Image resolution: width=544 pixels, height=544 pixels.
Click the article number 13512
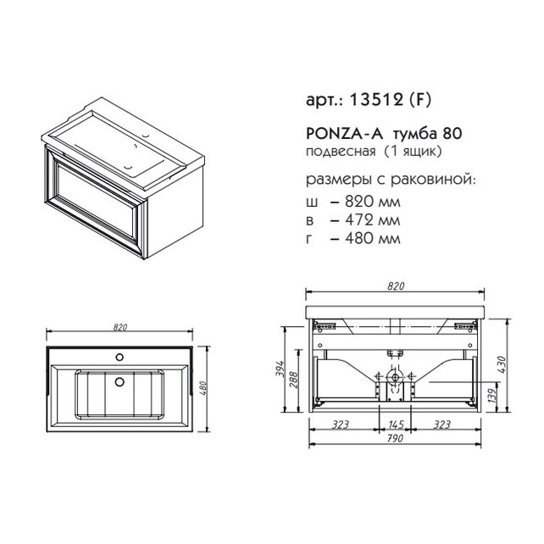pyautogui.click(x=376, y=100)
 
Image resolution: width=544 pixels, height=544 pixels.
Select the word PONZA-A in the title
pyautogui.click(x=344, y=133)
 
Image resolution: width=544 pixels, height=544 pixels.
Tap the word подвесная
pyautogui.click(x=341, y=152)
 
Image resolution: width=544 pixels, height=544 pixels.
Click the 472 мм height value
pyautogui.click(x=372, y=220)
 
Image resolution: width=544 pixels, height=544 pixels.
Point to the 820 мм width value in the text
pyautogui.click(x=372, y=202)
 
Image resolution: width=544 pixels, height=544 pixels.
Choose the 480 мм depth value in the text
pyautogui.click(x=372, y=238)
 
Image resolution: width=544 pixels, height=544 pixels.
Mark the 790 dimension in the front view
pyautogui.click(x=395, y=438)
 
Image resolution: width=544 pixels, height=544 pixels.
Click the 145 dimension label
pyautogui.click(x=396, y=425)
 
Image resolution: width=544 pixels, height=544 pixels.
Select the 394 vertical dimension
pyautogui.click(x=280, y=369)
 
